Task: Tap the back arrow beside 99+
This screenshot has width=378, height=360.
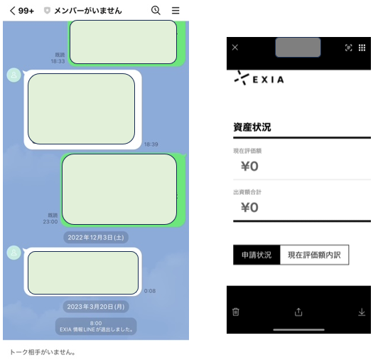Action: point(13,11)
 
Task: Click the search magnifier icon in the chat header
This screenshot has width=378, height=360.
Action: point(156,11)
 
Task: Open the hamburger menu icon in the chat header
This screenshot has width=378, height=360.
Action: point(175,11)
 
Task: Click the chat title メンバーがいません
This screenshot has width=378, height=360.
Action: point(88,11)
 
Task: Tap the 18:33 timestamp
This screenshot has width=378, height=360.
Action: point(58,61)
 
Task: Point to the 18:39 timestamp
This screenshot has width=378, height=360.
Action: point(151,144)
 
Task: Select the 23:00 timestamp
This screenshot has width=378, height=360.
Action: point(50,222)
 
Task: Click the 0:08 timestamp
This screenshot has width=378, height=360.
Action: point(150,291)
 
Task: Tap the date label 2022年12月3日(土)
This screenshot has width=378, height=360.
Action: point(96,238)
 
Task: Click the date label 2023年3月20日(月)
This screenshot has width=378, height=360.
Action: point(96,307)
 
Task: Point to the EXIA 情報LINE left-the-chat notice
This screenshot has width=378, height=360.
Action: point(96,327)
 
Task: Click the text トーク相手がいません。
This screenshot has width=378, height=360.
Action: point(43,352)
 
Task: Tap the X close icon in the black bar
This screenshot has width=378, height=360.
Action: point(235,48)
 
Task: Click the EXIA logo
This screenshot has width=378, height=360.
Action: point(259,78)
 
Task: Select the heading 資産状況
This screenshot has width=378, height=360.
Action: point(252,127)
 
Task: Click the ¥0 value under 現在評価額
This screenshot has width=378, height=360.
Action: point(250,166)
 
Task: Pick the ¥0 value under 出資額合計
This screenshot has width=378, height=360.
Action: point(250,208)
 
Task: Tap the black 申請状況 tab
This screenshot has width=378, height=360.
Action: point(256,255)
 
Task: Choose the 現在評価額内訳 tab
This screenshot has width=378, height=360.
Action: point(314,255)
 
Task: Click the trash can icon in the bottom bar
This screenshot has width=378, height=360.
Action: point(236,312)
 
